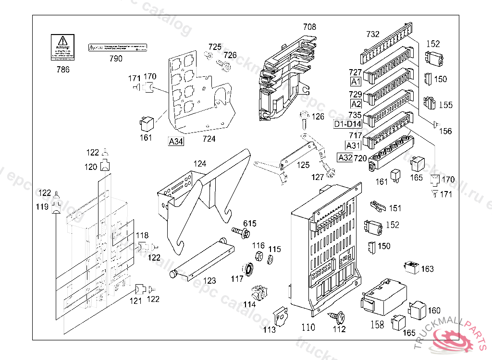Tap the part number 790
[x=116, y=59]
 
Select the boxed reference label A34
[x=175, y=141]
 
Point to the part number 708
[x=309, y=27]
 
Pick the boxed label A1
[x=356, y=81]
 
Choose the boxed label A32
[x=345, y=157]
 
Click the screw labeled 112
[x=336, y=316]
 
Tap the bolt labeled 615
[x=241, y=233]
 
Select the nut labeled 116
[x=258, y=255]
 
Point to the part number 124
[x=200, y=164]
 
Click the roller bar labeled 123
[x=202, y=260]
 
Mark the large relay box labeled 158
[x=382, y=297]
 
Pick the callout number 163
[x=427, y=269]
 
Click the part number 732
[x=373, y=34]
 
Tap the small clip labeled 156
[x=435, y=125]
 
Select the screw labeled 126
[x=304, y=120]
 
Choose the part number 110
[x=308, y=327]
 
